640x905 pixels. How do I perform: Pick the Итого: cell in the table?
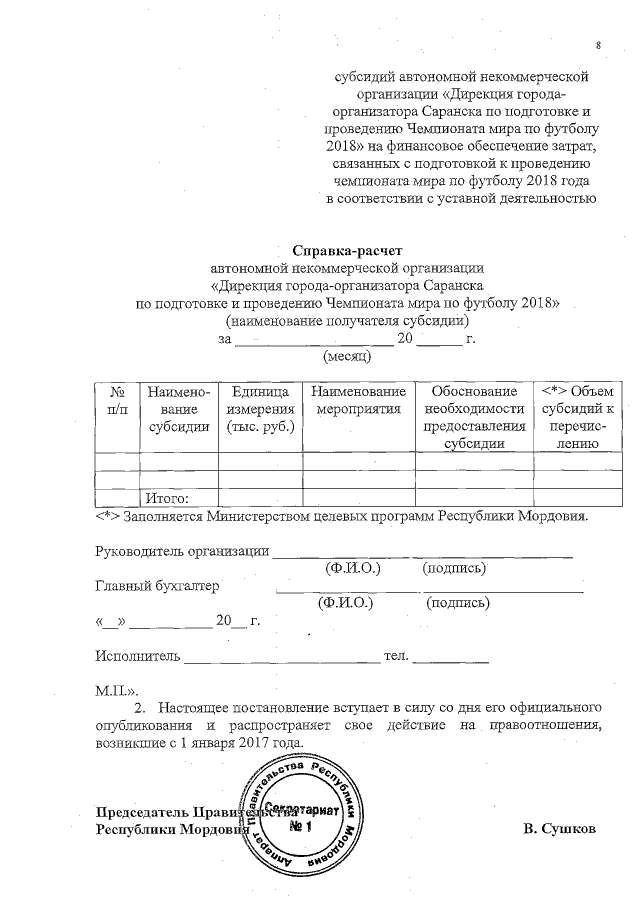[x=167, y=498]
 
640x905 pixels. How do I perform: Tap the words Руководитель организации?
[x=181, y=551]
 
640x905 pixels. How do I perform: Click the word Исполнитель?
[x=137, y=656]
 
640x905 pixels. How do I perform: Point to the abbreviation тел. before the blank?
[x=397, y=656]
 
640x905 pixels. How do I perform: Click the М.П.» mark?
[x=116, y=690]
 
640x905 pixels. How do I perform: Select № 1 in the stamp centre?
[x=301, y=826]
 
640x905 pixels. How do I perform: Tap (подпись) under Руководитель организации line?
[x=454, y=568]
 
